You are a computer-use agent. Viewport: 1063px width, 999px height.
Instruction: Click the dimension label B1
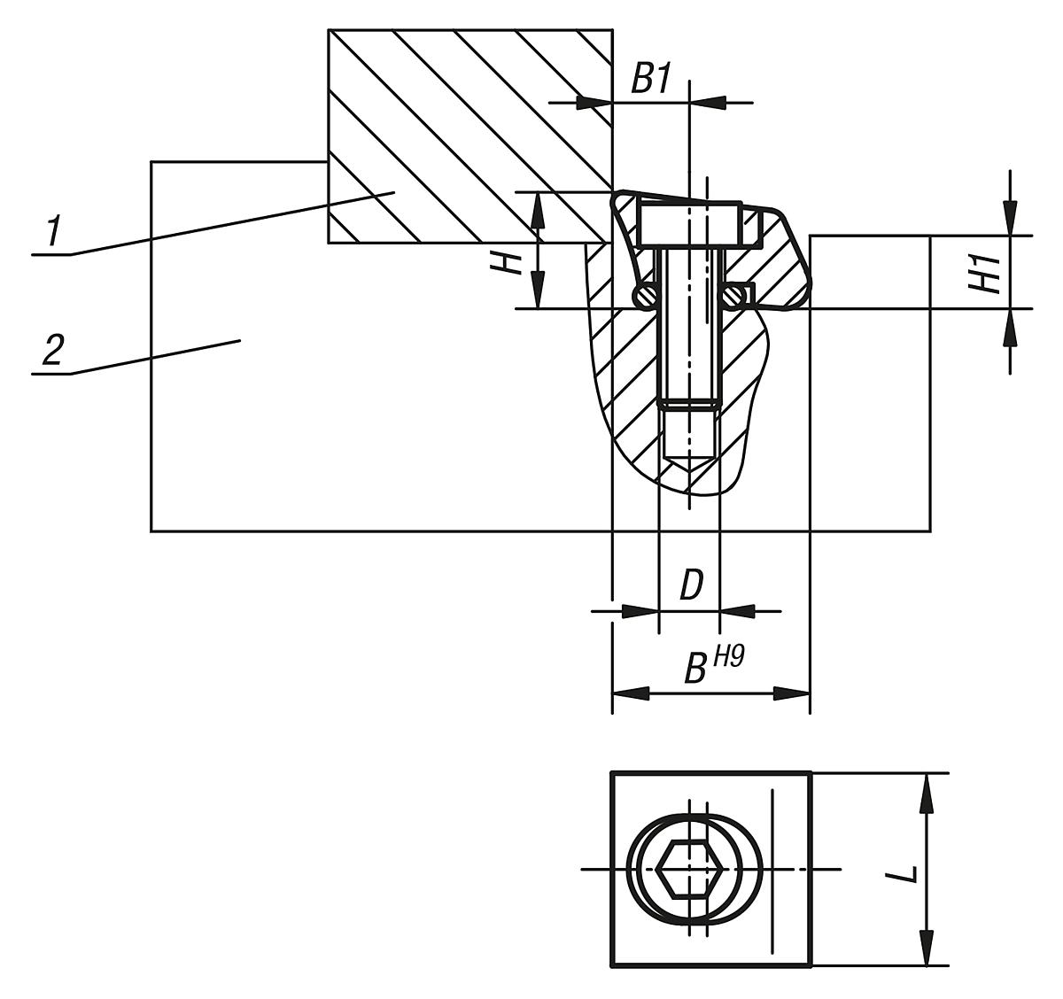click(649, 80)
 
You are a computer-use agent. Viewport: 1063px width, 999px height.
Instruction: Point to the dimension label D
click(691, 586)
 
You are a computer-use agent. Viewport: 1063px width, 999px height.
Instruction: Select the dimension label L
click(903, 874)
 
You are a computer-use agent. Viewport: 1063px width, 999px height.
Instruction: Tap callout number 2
click(53, 352)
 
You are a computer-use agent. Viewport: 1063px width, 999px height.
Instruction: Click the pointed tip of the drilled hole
click(689, 466)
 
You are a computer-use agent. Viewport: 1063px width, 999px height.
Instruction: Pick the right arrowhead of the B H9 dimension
click(792, 693)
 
